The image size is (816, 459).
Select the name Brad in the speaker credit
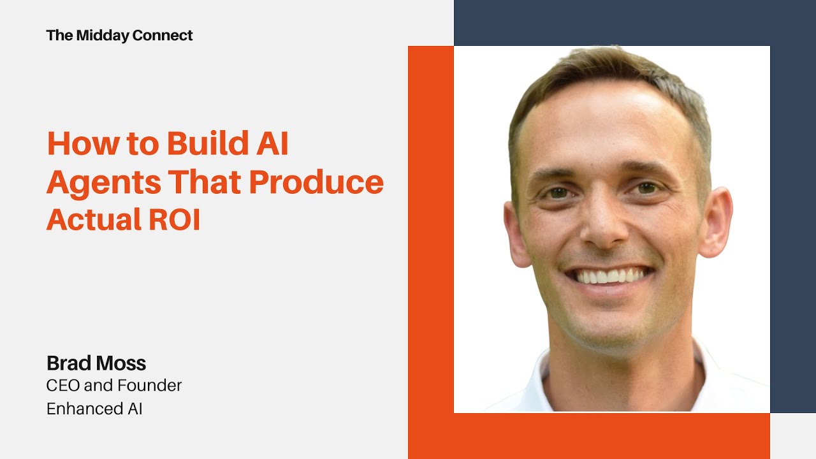[x=66, y=363]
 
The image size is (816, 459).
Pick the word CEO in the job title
[x=61, y=386]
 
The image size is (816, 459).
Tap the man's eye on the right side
[x=646, y=188]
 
